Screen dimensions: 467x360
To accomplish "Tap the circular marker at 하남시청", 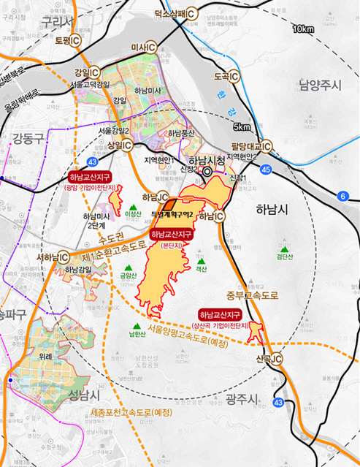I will tap(207, 172).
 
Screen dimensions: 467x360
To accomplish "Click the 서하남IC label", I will tap(50, 257).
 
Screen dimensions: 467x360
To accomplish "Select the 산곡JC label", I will tap(269, 359).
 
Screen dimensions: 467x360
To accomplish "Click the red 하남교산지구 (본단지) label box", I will tap(171, 234).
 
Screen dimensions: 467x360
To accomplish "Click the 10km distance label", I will tap(302, 29).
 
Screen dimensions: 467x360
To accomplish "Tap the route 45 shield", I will tap(266, 170).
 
